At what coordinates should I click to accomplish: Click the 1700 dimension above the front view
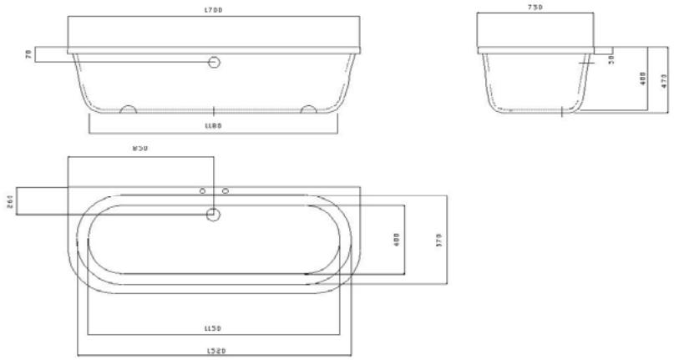click(214, 10)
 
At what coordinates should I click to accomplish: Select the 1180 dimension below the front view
click(214, 126)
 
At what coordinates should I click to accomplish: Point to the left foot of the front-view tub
click(129, 109)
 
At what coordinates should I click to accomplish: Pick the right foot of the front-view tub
click(308, 109)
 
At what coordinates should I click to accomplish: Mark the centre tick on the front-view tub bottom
click(215, 109)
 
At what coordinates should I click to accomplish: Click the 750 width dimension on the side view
click(535, 8)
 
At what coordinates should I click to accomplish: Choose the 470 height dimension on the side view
click(664, 82)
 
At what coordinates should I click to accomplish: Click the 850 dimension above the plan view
click(140, 150)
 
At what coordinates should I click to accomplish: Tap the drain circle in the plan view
click(214, 215)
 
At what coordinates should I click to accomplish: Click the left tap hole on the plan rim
click(203, 191)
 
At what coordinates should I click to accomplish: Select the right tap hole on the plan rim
click(226, 191)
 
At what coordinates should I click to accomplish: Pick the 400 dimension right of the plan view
click(398, 239)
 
